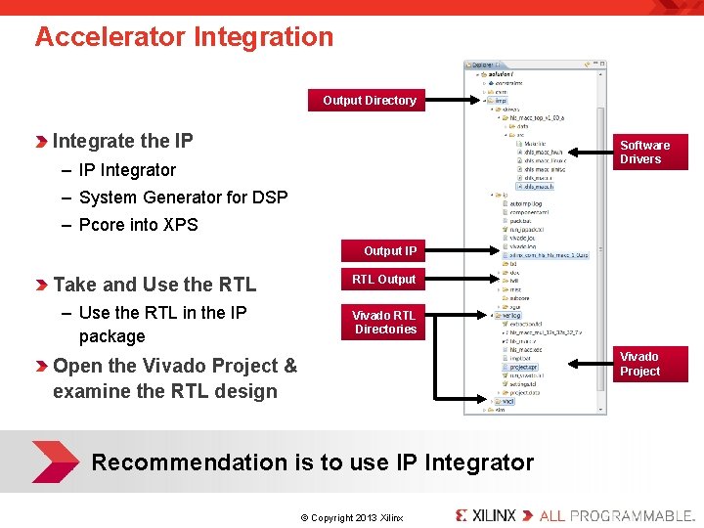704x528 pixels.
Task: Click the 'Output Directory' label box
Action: pos(369,100)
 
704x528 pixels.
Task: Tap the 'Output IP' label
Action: pos(389,251)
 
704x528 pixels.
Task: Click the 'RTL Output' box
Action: pos(383,280)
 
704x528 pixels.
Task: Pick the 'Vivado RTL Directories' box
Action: pos(383,322)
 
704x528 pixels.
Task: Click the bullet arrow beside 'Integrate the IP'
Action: pos(41,142)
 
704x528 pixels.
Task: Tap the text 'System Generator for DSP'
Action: pos(183,198)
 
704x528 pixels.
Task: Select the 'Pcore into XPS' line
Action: pos(138,225)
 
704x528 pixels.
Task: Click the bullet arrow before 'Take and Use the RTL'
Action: pos(41,286)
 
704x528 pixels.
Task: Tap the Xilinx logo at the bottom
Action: pos(485,514)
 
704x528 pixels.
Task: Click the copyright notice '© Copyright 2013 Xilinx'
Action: pos(352,517)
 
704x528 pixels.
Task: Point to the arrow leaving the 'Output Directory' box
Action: pos(452,100)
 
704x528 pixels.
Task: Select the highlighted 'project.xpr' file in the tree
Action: pos(523,367)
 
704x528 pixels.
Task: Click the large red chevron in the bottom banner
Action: pos(54,462)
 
